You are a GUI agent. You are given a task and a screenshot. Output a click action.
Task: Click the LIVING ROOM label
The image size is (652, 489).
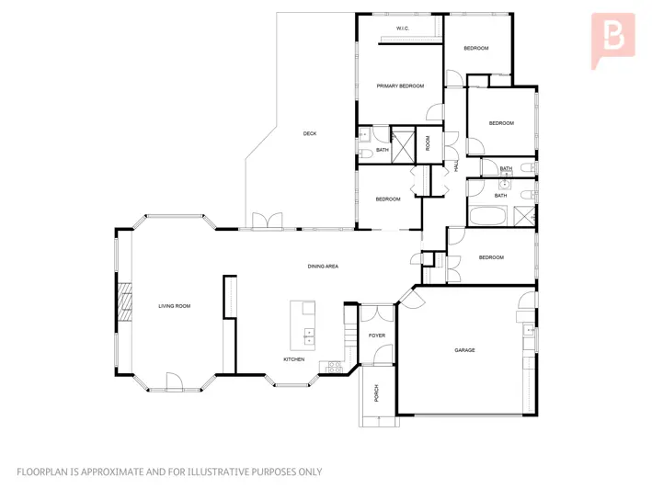(174, 306)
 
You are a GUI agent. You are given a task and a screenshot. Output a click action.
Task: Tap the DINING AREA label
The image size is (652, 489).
(323, 267)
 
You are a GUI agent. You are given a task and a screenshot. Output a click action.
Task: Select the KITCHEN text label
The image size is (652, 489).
(294, 359)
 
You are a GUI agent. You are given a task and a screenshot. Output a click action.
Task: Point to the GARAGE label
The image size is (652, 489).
(464, 350)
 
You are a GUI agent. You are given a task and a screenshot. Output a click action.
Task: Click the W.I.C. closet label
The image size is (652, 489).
(403, 28)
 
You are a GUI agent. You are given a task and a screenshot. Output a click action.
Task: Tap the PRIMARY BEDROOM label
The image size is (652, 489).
(400, 86)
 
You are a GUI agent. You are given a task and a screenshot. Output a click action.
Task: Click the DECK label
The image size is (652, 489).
(310, 133)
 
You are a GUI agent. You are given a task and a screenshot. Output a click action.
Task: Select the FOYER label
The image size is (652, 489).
(377, 335)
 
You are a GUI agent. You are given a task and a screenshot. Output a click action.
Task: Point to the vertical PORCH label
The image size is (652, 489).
(377, 393)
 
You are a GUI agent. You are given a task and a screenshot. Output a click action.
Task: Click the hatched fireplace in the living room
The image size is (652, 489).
(124, 302)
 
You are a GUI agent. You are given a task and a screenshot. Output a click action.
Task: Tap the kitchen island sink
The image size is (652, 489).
(309, 336)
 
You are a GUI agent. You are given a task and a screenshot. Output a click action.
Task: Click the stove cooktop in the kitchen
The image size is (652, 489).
(335, 368)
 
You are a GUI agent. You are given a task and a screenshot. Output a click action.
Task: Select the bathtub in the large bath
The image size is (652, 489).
(488, 216)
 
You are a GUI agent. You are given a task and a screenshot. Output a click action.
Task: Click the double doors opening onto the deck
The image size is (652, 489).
(267, 221)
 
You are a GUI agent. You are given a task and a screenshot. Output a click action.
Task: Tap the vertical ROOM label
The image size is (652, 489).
(428, 143)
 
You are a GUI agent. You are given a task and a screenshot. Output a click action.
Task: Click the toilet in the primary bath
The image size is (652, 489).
(365, 154)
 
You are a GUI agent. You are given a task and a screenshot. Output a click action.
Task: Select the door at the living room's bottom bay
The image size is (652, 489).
(174, 381)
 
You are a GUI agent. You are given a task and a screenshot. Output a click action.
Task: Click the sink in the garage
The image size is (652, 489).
(529, 330)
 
